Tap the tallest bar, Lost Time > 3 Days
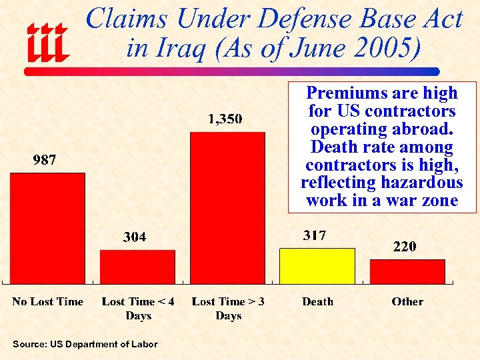coord(227,207)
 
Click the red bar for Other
coord(407,271)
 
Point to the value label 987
coord(45,160)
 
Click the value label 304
coord(135,237)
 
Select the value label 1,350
coord(225,119)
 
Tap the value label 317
coord(315,235)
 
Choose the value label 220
coord(405,247)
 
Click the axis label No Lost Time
coord(47,302)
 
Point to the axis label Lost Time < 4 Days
coord(138,309)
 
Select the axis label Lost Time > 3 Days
coord(228,309)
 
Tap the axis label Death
coord(317,302)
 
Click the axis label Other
coord(407,302)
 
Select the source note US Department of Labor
coord(85,344)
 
